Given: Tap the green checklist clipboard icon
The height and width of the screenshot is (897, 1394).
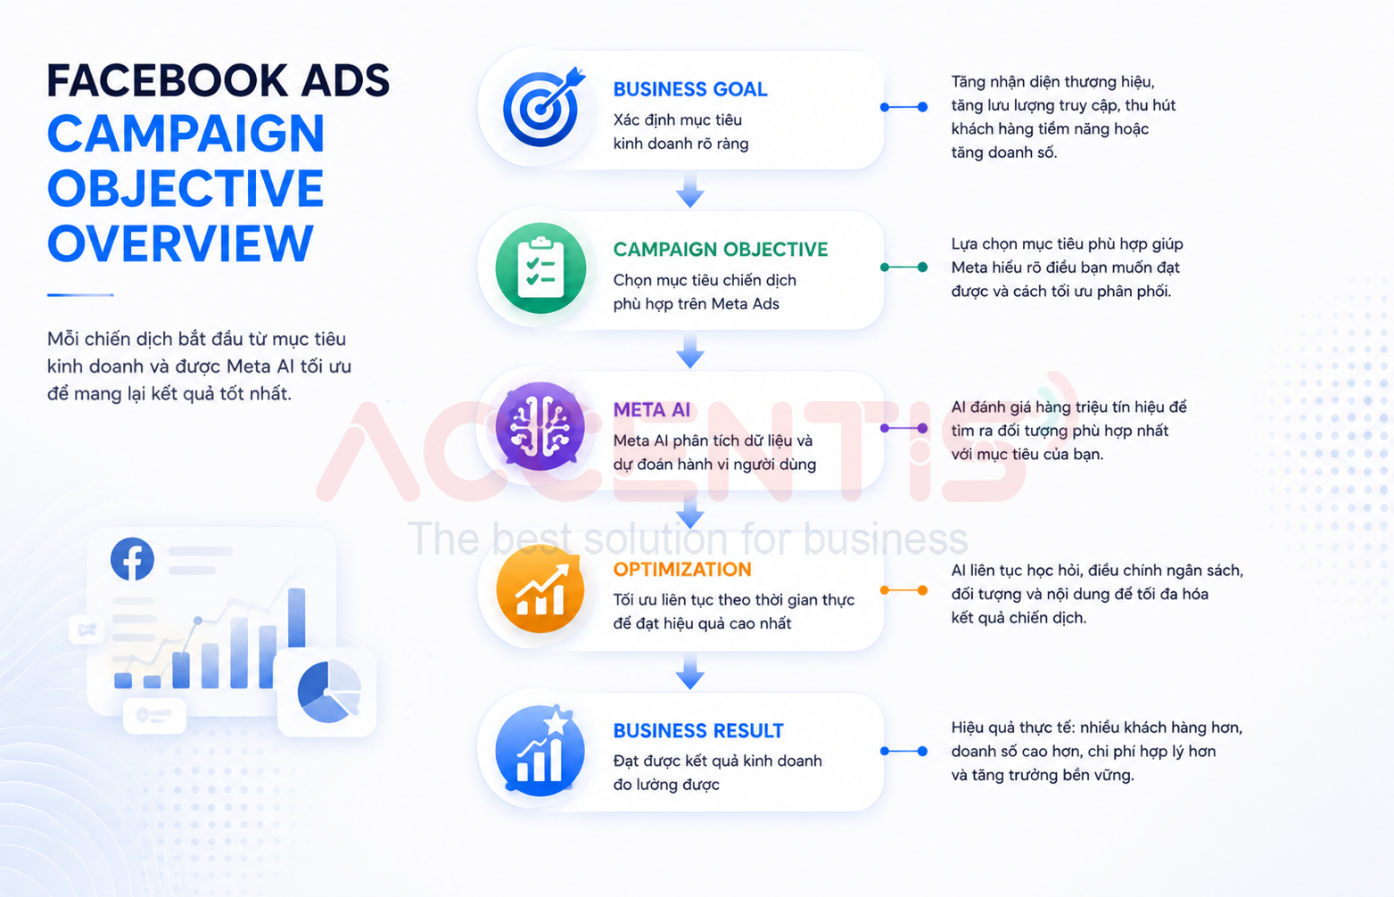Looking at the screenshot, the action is (540, 268).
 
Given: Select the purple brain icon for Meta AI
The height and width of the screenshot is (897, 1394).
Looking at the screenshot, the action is (540, 427).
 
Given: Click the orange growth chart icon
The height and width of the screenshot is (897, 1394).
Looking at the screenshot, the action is (540, 588).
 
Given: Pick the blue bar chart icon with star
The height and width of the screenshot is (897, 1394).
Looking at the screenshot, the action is (540, 751).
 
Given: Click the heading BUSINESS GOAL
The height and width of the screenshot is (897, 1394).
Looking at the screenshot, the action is (690, 89).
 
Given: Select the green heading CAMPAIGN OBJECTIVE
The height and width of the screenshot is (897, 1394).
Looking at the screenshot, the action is (721, 250).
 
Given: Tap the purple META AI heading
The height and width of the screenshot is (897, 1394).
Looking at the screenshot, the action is (652, 410).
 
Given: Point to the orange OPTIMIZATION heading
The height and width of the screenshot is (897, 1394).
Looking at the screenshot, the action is (682, 569).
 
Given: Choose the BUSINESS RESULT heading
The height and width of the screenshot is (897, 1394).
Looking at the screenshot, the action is (698, 730).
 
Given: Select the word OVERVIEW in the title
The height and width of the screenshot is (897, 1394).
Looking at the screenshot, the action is (180, 243).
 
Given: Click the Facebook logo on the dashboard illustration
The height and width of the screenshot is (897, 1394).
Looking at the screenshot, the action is (132, 558).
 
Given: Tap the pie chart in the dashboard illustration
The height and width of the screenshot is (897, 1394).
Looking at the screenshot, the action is (329, 692).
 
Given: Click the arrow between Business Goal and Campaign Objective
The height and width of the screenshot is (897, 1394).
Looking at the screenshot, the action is (690, 190).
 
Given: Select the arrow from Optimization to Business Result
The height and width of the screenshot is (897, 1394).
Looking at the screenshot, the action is (690, 671).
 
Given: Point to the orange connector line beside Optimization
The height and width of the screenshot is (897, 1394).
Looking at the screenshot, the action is (903, 590).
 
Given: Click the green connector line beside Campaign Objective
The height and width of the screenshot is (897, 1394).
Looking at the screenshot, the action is (903, 267).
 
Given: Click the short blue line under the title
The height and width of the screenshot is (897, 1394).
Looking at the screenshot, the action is (80, 295).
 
